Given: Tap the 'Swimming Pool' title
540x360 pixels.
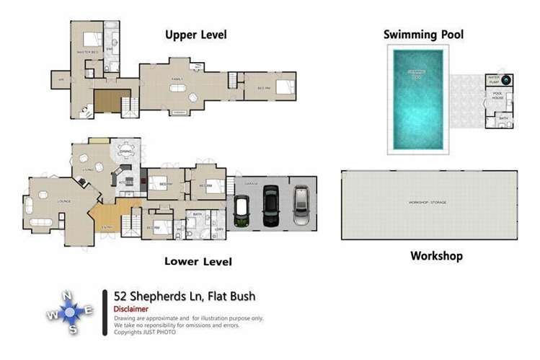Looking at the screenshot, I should [423, 34].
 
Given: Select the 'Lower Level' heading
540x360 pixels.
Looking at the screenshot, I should [197, 261].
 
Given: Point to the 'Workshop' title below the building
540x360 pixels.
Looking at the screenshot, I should [436, 255].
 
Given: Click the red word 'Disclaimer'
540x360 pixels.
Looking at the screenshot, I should [131, 309].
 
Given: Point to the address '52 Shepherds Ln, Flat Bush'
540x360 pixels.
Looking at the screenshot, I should [185, 296].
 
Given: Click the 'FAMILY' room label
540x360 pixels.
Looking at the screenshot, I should [177, 79].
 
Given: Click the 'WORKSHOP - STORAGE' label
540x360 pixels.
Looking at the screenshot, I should [428, 203].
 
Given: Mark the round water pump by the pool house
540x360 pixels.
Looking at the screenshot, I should [506, 80].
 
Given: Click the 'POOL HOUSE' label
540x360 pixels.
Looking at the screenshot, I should [497, 94].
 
